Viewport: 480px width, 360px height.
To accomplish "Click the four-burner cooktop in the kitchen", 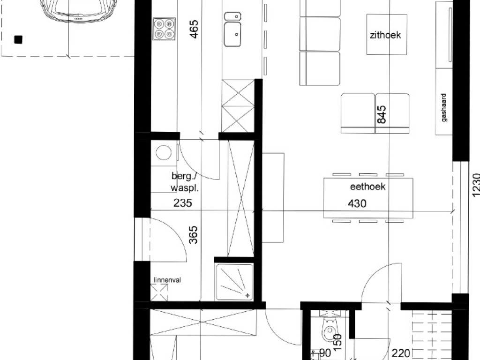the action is (x=165, y=29).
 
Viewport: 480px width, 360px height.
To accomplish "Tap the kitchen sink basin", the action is (x=232, y=34).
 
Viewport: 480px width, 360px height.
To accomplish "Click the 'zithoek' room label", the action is (x=385, y=35).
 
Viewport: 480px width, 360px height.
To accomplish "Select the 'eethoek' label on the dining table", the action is (x=367, y=187).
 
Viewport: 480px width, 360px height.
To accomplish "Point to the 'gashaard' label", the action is (x=444, y=107).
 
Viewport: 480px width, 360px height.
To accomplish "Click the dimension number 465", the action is (x=194, y=29).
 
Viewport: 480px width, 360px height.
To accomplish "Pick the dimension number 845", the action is (x=382, y=114).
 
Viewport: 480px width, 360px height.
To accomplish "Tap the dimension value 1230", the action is (x=476, y=185).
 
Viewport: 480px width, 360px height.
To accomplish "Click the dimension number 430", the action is (x=357, y=203).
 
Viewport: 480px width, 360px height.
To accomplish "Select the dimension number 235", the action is (x=183, y=202).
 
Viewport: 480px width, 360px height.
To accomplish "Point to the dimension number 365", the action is (x=193, y=235).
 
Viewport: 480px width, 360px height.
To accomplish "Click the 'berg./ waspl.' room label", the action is (x=185, y=182).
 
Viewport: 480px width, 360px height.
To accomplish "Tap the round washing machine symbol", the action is (x=164, y=152).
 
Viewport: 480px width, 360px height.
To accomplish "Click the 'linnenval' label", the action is (x=167, y=280).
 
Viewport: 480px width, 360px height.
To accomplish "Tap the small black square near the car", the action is (x=18, y=40).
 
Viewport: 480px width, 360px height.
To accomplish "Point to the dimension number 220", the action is (x=401, y=353).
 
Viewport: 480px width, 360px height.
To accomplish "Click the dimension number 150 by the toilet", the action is (x=337, y=343).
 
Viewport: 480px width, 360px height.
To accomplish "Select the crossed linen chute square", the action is (x=159, y=292).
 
